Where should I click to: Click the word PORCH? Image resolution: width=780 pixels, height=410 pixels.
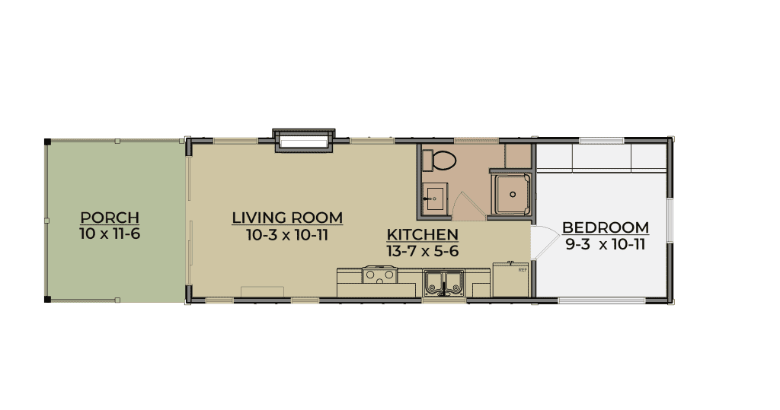coord(110,218)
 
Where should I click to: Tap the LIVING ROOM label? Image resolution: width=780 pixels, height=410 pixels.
coord(287,218)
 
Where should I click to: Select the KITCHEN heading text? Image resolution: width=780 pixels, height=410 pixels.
coord(422,234)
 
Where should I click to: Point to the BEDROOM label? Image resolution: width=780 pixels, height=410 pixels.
coord(606,227)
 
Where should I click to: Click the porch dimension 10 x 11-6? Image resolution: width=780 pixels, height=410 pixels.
coord(110,234)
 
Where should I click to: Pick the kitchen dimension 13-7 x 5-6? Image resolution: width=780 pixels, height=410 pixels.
coord(422,251)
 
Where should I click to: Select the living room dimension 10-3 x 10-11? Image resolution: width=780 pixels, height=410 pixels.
coord(287,234)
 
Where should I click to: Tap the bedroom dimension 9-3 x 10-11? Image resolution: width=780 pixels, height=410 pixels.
coord(606,244)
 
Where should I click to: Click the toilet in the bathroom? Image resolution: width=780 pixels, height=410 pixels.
coord(440,160)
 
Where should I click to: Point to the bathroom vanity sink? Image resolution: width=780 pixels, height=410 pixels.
coord(435,197)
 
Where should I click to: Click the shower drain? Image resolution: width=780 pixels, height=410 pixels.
coord(513,195)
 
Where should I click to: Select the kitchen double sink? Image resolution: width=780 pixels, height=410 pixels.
coord(444,283)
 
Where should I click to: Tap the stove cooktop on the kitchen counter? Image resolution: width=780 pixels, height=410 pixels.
coord(379,275)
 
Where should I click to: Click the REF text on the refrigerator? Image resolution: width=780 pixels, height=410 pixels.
coord(523,270)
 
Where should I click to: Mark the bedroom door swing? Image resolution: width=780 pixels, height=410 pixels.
coord(545,243)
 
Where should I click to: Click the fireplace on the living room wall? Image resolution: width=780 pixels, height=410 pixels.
coord(303,141)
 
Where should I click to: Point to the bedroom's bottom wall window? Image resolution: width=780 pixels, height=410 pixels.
coord(602,300)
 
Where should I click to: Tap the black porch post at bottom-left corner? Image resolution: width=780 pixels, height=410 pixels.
coord(47,299)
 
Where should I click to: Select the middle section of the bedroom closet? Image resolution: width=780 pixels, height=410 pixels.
coord(602,157)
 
